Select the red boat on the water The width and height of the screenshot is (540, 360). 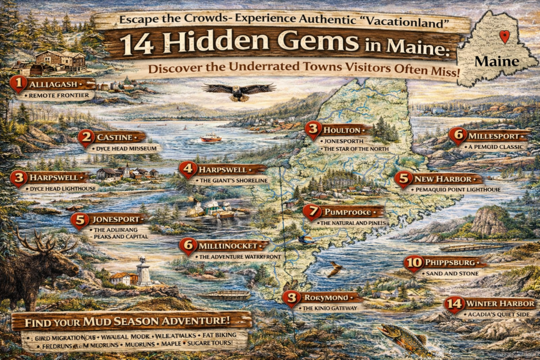[211, 138]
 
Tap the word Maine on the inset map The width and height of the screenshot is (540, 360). [496, 61]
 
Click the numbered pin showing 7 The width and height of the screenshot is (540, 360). [312, 212]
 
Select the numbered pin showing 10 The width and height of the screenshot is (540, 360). [413, 262]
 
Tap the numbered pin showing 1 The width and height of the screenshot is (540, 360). [18, 83]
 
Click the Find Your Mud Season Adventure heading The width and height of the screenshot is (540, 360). [131, 320]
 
